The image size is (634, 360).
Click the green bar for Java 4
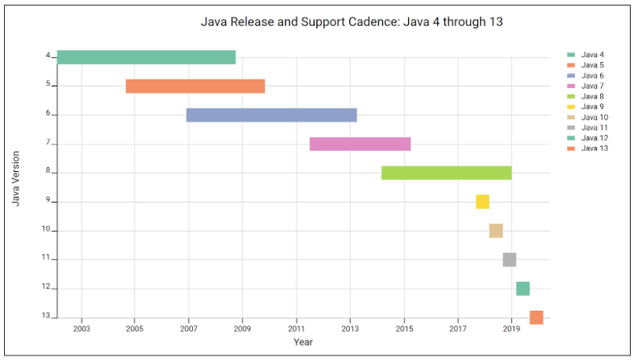pos(146,57)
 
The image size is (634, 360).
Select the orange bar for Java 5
pos(195,86)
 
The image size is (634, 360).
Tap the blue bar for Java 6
pos(271,115)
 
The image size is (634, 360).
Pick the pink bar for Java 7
pos(360,144)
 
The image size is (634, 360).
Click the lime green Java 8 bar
pos(446,173)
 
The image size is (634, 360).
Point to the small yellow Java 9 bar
pos(482,202)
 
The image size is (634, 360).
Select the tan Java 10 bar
pos(496,231)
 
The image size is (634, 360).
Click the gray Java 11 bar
pos(509,259)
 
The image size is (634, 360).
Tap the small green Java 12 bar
pos(523,288)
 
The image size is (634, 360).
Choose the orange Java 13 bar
pos(536,317)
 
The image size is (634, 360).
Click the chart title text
pos(352,22)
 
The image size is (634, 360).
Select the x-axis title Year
pos(302,342)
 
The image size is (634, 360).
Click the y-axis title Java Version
pos(16,177)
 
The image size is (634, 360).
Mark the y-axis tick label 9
pos(48,201)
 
